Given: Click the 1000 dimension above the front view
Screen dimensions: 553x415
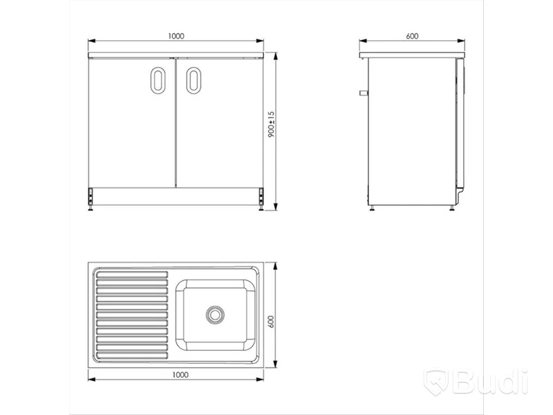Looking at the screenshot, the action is pos(176,36).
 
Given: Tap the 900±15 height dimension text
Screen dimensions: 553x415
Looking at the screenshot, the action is pos(271,124).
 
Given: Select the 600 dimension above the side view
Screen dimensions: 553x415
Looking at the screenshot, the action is pos(412,36).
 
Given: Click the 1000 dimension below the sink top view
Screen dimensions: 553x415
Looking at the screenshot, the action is pos(180,375).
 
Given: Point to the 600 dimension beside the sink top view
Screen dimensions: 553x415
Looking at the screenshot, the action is pos(271,322).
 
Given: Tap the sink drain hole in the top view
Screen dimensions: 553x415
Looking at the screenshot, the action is pos(215,315).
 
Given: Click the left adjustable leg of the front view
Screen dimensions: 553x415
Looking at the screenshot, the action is pos(91,200).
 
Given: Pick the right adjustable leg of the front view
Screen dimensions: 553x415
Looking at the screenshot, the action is pos(261,200).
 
